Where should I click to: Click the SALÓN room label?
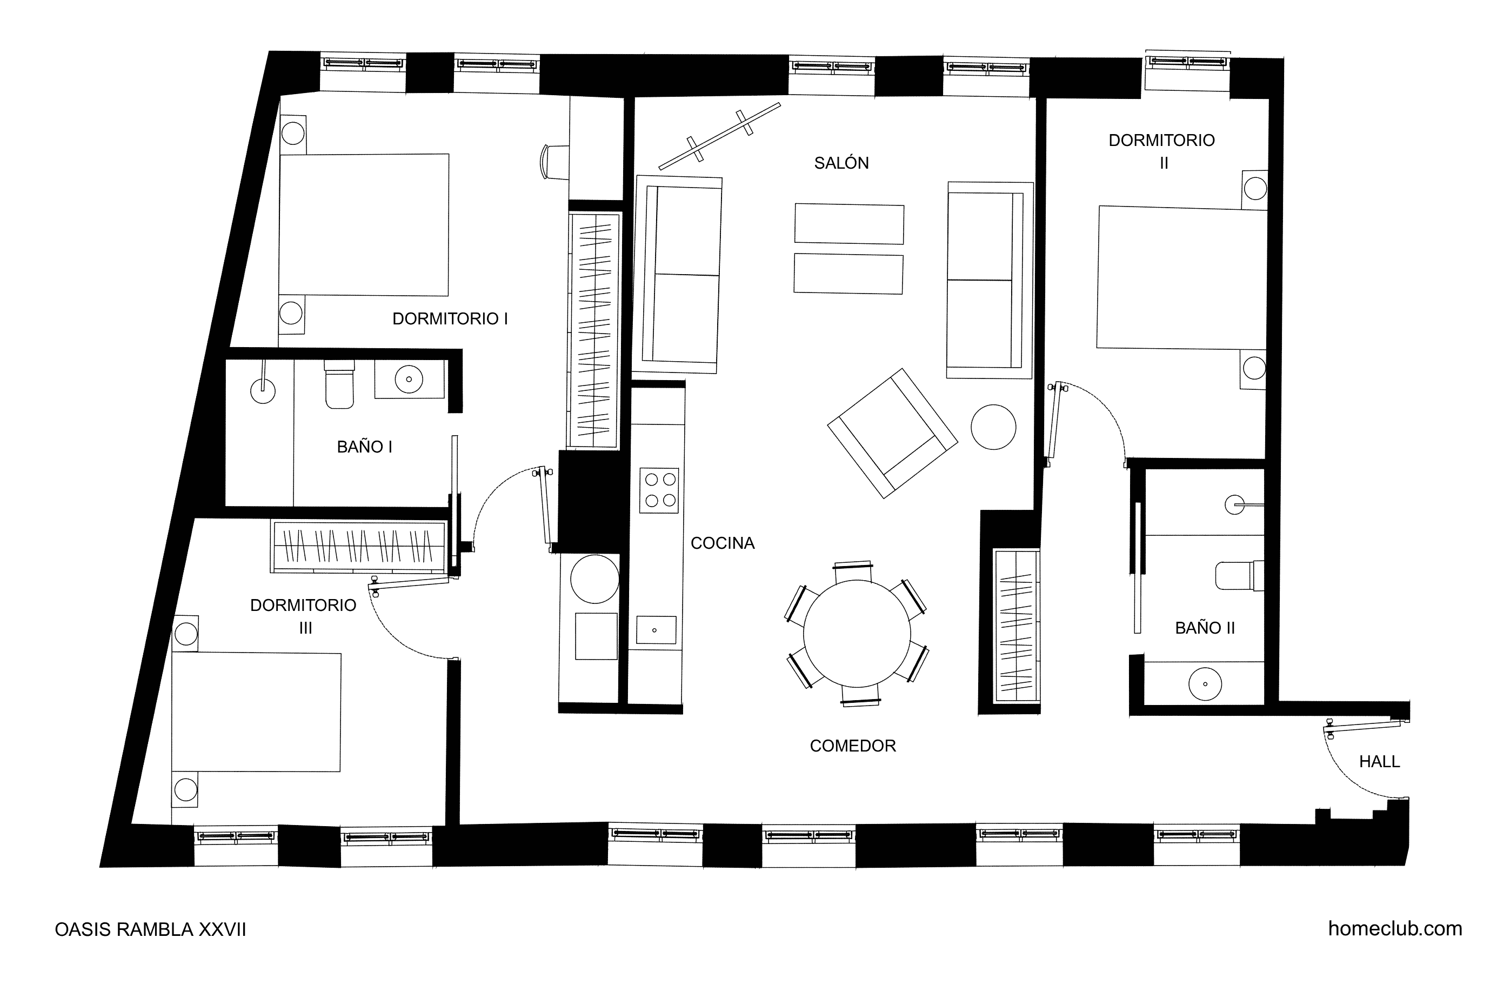tap(841, 163)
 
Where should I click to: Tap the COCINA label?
tap(723, 543)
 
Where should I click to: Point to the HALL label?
tap(1379, 761)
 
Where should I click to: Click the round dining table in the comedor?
tap(857, 634)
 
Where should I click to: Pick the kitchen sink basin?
tap(656, 630)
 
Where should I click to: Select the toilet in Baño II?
tap(1240, 575)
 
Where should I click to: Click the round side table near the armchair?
tap(993, 427)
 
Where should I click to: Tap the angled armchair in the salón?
tap(893, 433)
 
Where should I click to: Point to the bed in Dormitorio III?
tap(256, 712)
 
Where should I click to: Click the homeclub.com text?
tap(1395, 929)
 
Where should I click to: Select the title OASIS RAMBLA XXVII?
tap(150, 929)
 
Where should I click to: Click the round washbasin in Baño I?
tap(409, 380)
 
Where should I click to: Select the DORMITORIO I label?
tap(450, 318)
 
